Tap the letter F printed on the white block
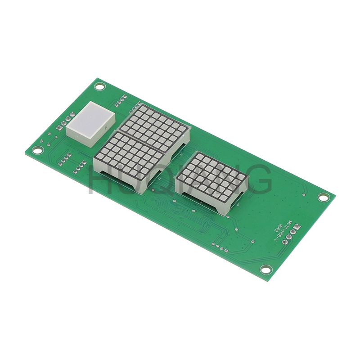[x=106, y=128]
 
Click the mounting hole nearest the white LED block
[x=99, y=86]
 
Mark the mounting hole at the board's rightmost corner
[x=324, y=197]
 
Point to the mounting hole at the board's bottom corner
[x=266, y=270]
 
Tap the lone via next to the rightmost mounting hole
[x=305, y=195]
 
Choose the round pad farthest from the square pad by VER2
[x=284, y=242]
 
